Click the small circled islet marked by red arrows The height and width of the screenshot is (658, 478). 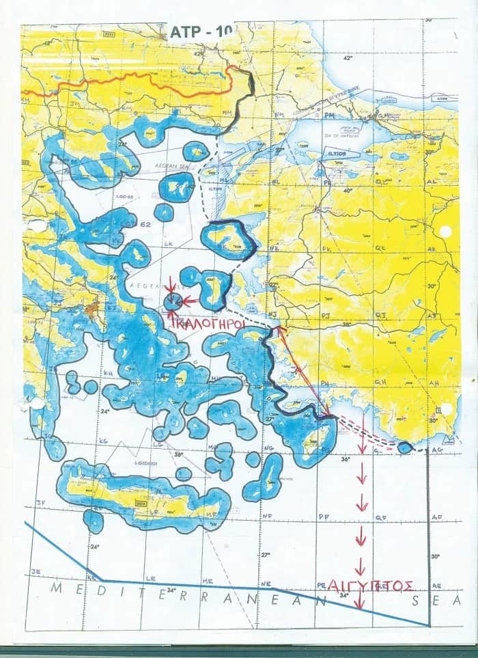click(173, 301)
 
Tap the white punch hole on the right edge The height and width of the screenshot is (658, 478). click(445, 232)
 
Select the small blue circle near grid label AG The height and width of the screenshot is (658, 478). click(405, 448)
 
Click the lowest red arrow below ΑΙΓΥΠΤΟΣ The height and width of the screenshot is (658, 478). click(359, 601)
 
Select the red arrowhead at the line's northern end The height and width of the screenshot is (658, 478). click(279, 330)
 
